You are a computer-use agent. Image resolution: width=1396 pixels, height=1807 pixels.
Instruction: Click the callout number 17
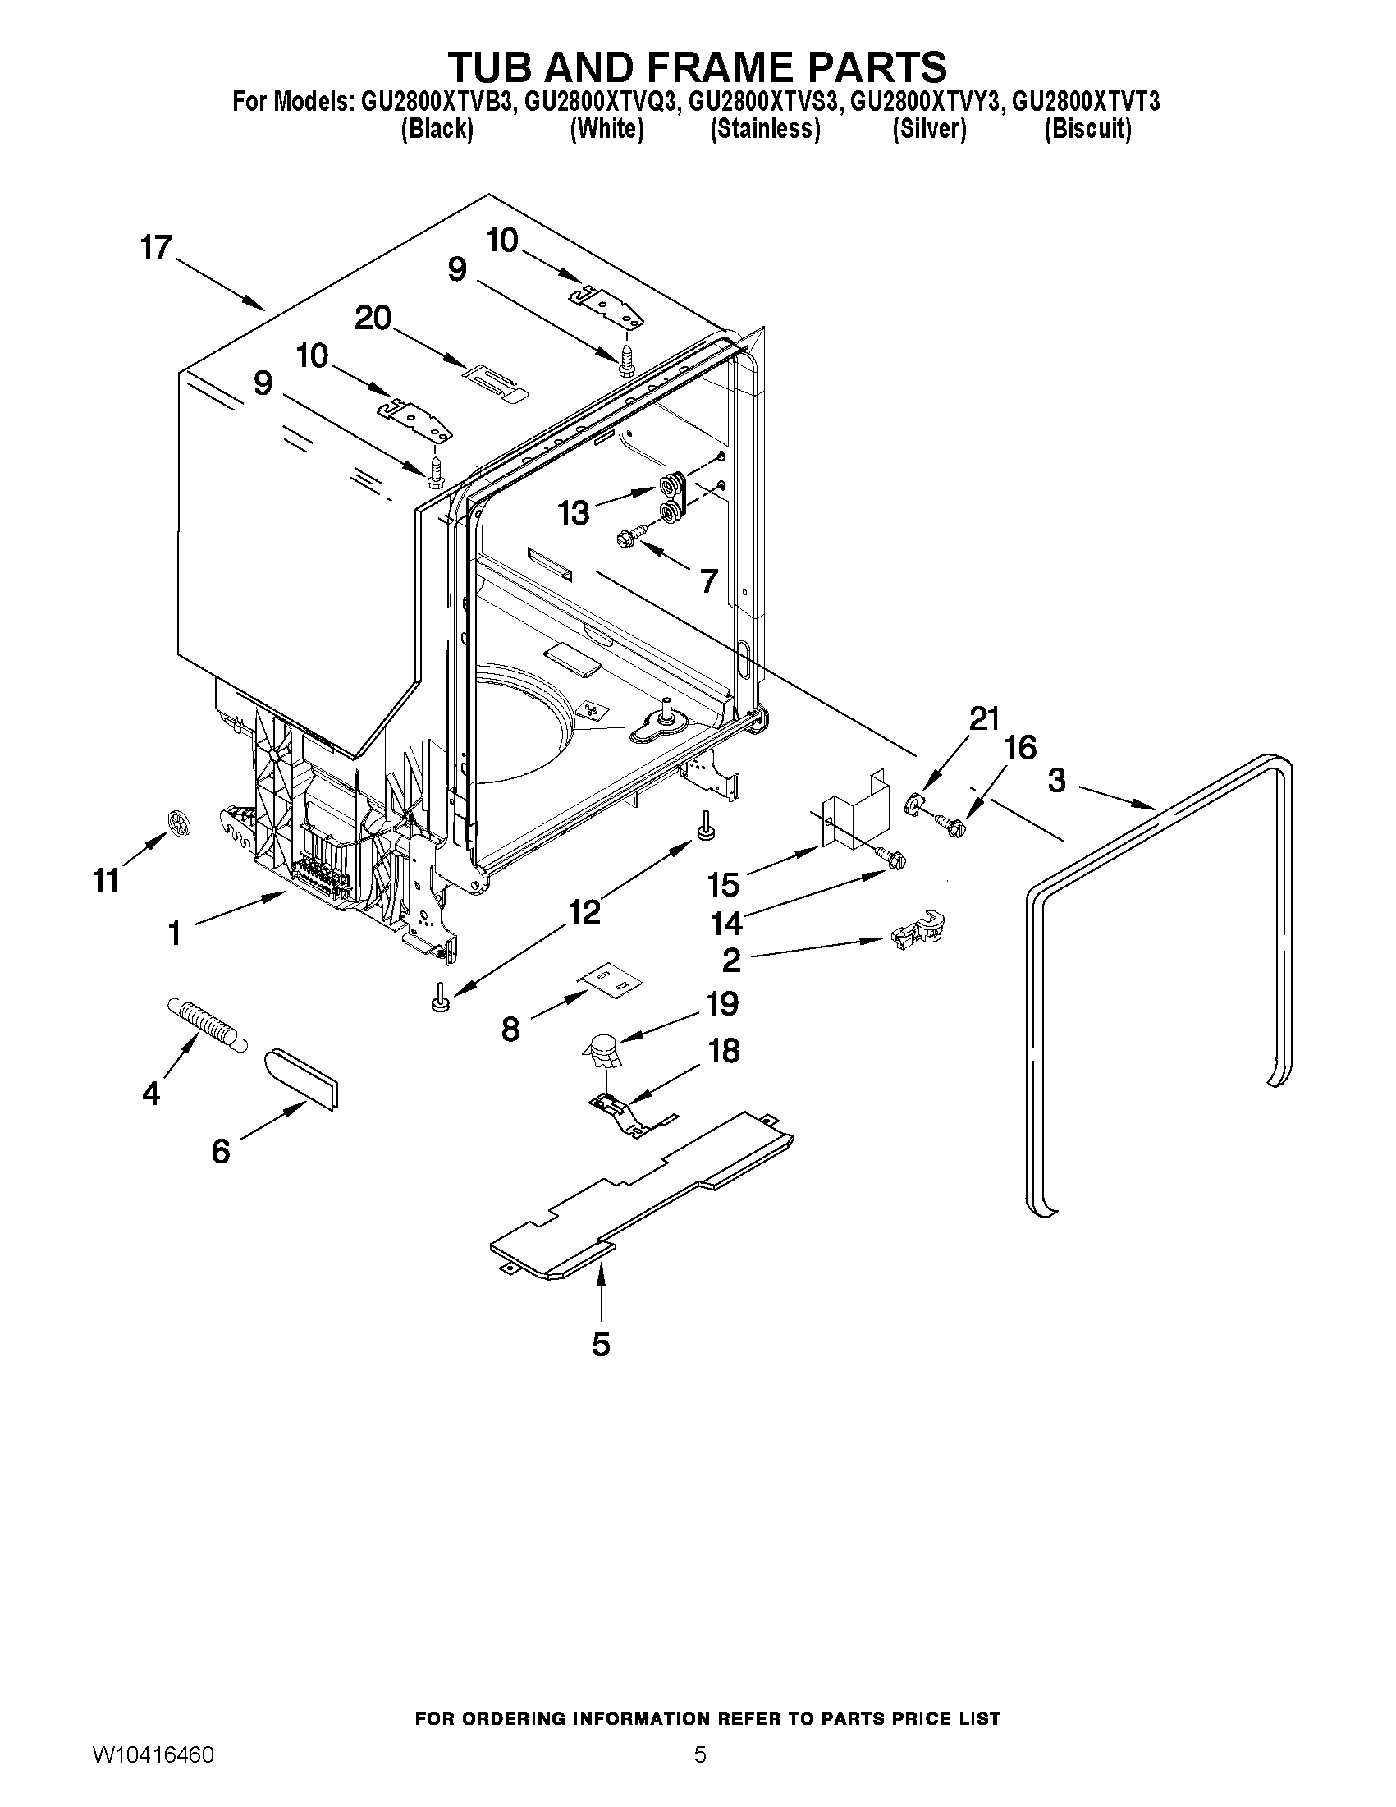155,247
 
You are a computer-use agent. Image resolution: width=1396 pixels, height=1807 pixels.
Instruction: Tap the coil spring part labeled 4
205,1025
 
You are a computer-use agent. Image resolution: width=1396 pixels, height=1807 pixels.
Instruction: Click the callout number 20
372,318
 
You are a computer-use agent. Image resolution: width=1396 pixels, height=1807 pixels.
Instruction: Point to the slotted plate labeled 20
494,383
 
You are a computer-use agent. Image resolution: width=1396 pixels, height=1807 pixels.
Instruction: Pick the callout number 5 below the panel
602,1345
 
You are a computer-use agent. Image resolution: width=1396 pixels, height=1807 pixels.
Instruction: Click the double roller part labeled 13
672,499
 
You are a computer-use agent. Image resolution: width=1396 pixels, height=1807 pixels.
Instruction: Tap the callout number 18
725,1052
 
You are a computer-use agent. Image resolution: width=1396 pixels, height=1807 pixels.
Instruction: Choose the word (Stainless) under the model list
765,130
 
